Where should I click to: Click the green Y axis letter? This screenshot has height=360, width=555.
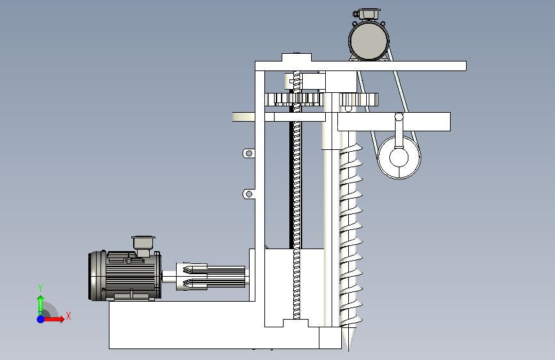(x=40, y=288)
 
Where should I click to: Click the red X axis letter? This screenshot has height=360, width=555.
(x=68, y=316)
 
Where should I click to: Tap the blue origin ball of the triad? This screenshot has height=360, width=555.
(x=41, y=319)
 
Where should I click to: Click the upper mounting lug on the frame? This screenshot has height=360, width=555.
(x=248, y=154)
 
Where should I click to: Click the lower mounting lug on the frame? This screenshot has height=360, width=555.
(x=248, y=194)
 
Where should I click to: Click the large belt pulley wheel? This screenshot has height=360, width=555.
(x=399, y=158)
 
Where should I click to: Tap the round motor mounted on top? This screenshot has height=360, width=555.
(x=369, y=41)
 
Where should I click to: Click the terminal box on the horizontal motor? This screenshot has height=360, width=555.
(x=143, y=245)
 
